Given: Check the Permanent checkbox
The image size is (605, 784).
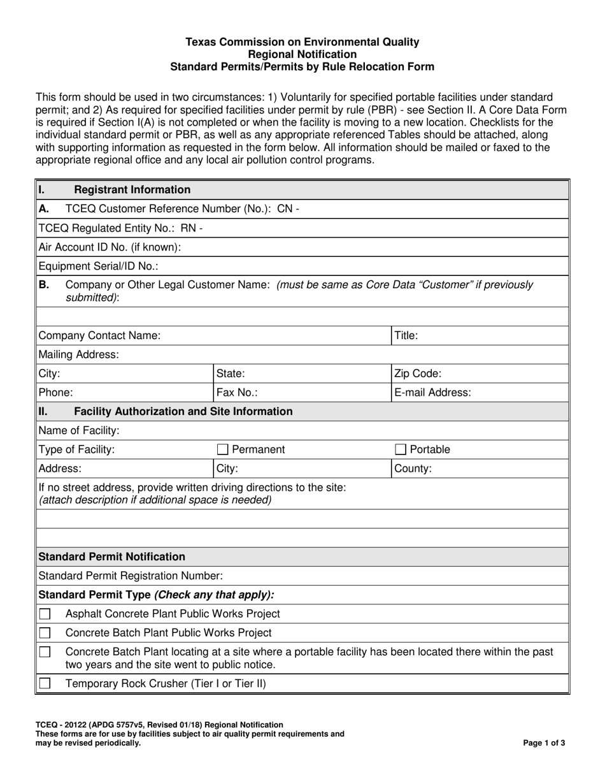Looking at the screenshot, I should coord(224,449).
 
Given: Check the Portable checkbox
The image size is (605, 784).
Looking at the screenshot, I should coord(401,449).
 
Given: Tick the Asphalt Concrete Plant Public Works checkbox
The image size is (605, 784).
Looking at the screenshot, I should coord(45,614).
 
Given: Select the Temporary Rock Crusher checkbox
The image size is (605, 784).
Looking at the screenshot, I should coord(45,684).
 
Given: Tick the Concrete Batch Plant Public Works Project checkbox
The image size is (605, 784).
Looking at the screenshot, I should coord(45,633).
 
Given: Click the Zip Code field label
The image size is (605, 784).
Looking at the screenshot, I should coord(418,374).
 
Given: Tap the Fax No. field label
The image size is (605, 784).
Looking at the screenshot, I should coord(237,393).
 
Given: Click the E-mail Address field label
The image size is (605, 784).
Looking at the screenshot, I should coord(433,393).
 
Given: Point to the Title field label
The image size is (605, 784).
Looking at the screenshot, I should coord(406,335).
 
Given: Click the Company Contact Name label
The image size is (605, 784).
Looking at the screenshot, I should coord(100,335).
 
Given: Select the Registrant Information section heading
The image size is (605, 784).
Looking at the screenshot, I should coord(132,189).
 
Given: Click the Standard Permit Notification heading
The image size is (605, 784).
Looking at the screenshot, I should coord(112,556).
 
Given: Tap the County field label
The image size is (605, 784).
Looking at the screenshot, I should coord(413,468).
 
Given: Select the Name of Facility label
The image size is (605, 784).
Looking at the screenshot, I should coord(79,431).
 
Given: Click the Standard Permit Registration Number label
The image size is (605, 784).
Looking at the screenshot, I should coord(131,576).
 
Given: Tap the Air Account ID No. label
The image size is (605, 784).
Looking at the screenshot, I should coord(110,247).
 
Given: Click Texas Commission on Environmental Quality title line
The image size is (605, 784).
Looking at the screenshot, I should coord(302,42).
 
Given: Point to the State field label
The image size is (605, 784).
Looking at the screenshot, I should coord(231,374).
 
